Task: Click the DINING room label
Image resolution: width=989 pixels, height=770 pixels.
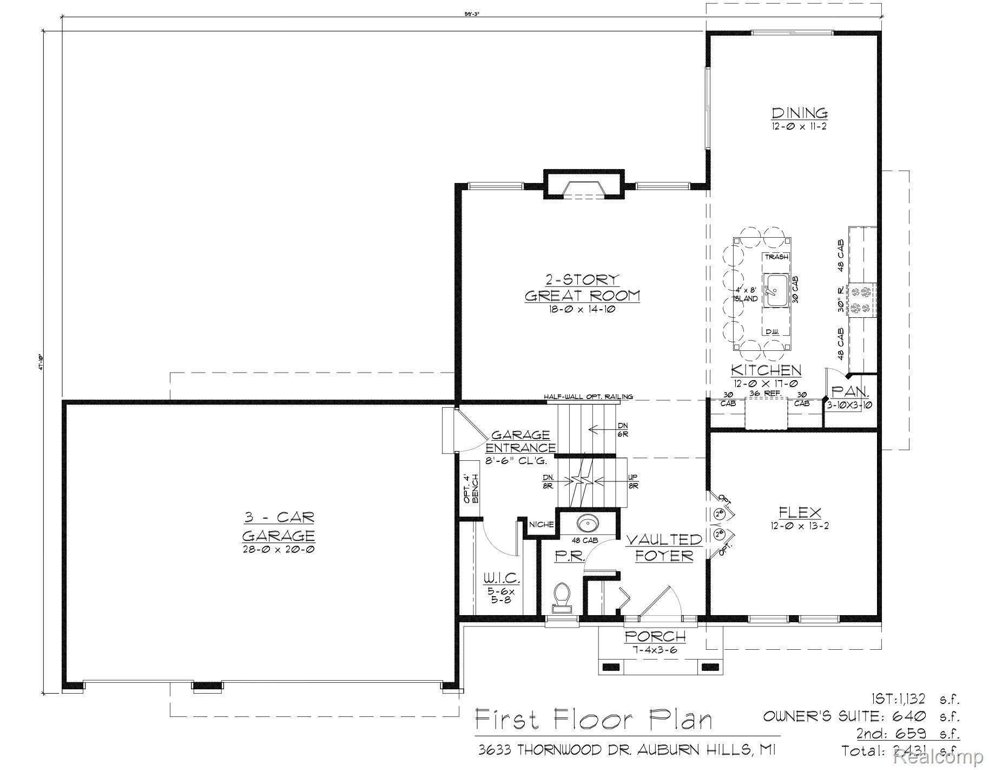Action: (799, 113)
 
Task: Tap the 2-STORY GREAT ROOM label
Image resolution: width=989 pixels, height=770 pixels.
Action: (582, 288)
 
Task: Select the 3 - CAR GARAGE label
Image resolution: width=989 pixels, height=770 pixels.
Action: (278, 526)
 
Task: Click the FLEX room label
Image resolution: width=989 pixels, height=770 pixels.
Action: (800, 512)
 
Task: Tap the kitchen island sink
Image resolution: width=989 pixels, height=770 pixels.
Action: (775, 290)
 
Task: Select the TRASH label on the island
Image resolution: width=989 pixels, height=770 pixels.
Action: (776, 257)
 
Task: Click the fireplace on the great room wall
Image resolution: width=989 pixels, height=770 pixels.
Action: (584, 188)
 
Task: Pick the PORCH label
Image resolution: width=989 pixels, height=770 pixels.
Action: (655, 636)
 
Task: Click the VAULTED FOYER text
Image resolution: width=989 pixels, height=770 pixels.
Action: (664, 547)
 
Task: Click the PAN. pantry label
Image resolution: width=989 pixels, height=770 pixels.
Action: (850, 391)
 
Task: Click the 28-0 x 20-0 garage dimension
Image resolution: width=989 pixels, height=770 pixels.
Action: (278, 549)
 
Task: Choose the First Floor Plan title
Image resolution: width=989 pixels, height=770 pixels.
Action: (594, 720)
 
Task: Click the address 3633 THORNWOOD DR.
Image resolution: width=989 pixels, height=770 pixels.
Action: (557, 749)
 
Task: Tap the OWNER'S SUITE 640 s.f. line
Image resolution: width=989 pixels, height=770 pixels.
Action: (861, 716)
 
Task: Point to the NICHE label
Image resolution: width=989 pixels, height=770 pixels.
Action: (541, 524)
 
